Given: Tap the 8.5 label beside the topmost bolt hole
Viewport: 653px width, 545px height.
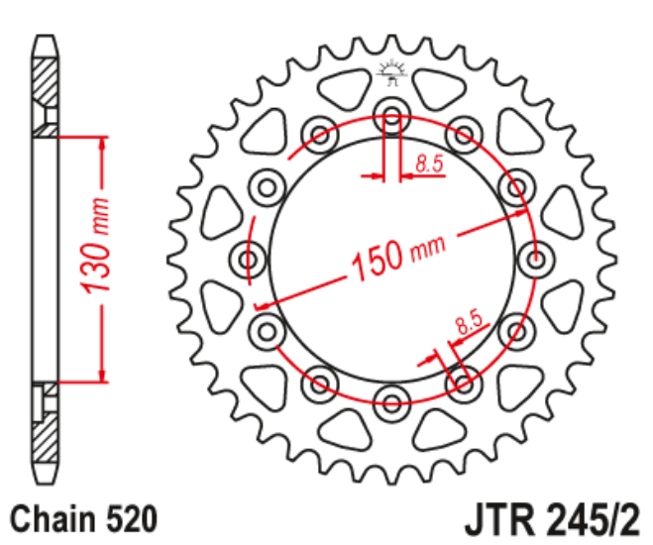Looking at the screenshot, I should (x=429, y=165).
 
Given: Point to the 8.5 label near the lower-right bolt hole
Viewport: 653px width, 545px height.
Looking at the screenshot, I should (x=467, y=322).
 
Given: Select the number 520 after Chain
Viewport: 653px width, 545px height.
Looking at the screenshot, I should (x=129, y=517).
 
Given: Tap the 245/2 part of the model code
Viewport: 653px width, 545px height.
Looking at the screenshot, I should (x=591, y=518).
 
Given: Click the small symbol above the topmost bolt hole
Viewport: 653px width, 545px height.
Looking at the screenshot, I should (x=391, y=72).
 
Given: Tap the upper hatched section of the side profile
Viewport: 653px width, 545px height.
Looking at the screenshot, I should (x=45, y=84).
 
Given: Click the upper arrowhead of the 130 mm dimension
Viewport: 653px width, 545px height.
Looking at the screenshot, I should (x=101, y=140).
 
